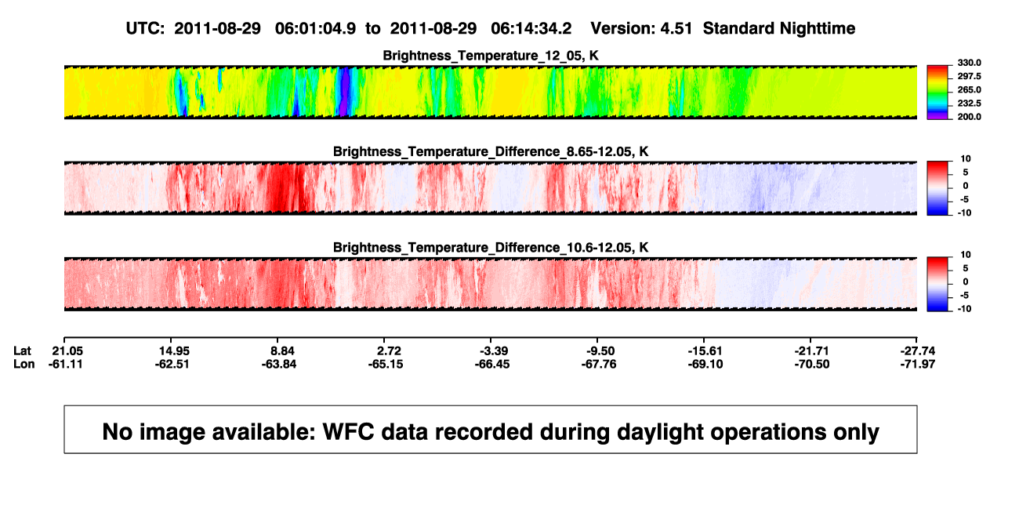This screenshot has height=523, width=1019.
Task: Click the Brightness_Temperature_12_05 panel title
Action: (x=491, y=56)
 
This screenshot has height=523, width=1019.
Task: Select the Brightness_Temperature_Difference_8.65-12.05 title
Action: (x=491, y=151)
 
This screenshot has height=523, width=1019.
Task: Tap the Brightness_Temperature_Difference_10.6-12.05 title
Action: (x=491, y=248)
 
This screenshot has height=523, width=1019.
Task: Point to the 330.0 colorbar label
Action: (x=969, y=63)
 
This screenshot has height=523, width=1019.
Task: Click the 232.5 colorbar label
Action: (x=969, y=104)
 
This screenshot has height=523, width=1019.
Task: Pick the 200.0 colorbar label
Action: (x=969, y=117)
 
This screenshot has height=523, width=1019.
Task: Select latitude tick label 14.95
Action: (x=174, y=351)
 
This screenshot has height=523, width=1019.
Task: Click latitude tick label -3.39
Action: (x=494, y=351)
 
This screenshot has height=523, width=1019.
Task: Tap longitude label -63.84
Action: (x=279, y=365)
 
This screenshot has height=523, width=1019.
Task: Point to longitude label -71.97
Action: (x=918, y=365)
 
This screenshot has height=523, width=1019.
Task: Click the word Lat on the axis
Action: (x=22, y=351)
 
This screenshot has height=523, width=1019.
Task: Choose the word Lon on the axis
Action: (x=24, y=365)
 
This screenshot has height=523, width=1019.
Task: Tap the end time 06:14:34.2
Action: (x=531, y=29)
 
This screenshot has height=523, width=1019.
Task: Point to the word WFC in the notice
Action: (x=349, y=432)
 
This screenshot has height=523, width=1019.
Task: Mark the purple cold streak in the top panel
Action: (x=345, y=91)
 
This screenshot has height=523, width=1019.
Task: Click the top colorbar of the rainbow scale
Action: (x=937, y=93)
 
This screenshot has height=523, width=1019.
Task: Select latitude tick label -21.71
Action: (x=811, y=351)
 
